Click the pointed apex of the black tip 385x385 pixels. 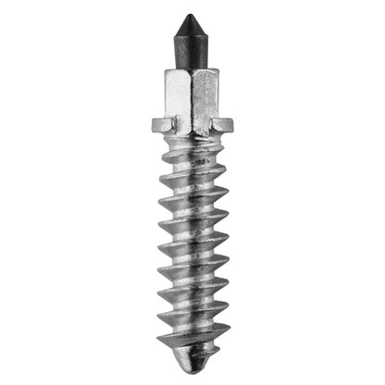[190, 15]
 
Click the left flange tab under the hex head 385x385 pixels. [161, 124]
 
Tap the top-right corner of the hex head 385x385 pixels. [218, 69]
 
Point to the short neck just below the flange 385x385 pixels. [192, 139]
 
